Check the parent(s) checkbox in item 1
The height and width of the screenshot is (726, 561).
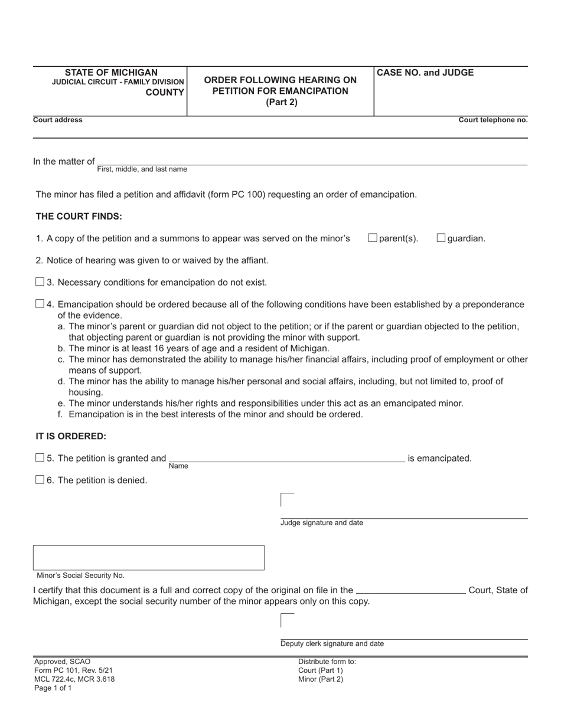373,238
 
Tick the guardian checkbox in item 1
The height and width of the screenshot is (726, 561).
441,238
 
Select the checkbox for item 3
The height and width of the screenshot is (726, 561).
40,282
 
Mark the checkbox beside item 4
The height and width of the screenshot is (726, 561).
40,303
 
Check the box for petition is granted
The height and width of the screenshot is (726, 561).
40,457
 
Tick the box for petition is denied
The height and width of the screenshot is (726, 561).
40,479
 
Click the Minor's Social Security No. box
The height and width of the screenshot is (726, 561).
148,557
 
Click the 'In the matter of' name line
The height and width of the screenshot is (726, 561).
312,161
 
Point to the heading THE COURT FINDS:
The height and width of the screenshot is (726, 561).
79,216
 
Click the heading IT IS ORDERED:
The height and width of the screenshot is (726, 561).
71,436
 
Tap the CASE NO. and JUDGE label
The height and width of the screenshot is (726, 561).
425,73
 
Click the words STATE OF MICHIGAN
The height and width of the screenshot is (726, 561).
111,73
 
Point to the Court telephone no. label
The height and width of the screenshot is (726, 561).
493,120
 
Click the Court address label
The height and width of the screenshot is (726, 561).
58,120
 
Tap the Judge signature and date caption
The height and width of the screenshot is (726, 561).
322,523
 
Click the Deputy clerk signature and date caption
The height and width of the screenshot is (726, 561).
332,644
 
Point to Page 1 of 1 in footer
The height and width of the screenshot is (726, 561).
53,688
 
